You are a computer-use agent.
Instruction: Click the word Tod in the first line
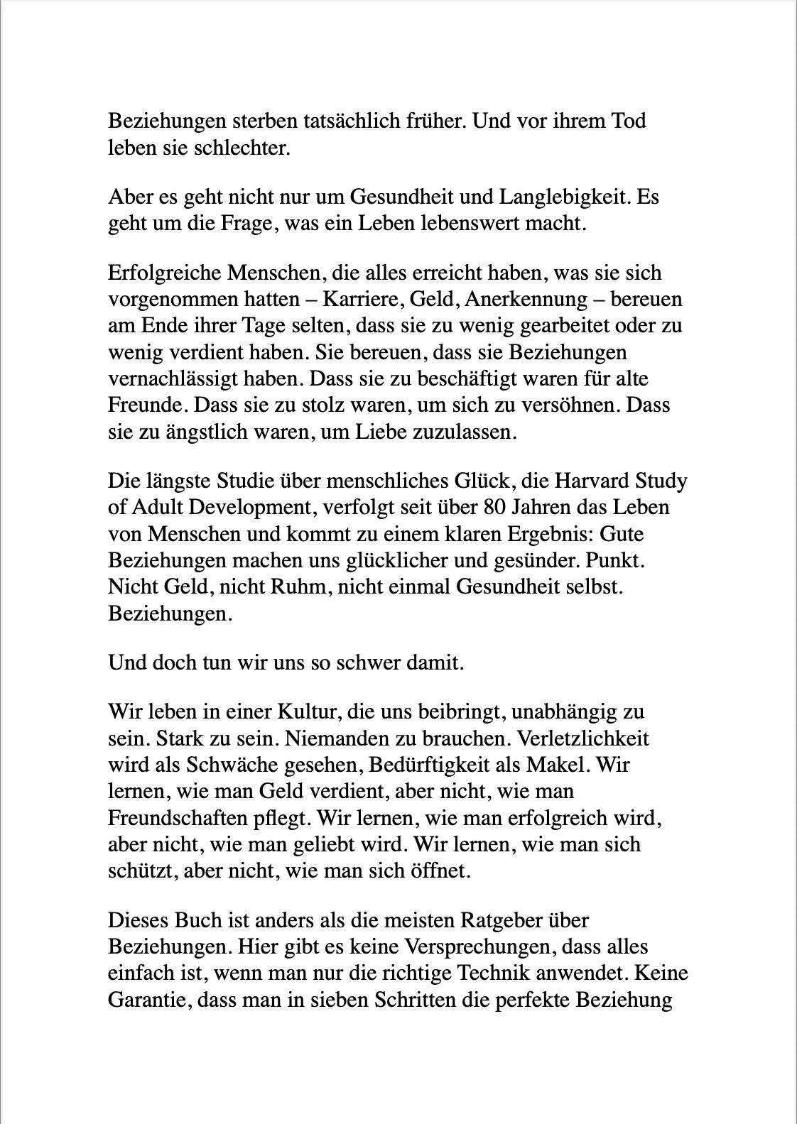[626, 121]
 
